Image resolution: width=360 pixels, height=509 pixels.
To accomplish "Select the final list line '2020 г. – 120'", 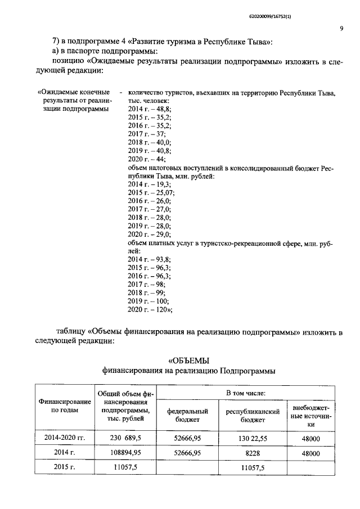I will coord(150,309).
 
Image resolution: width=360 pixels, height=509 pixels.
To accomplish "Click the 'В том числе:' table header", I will coord(246,391).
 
